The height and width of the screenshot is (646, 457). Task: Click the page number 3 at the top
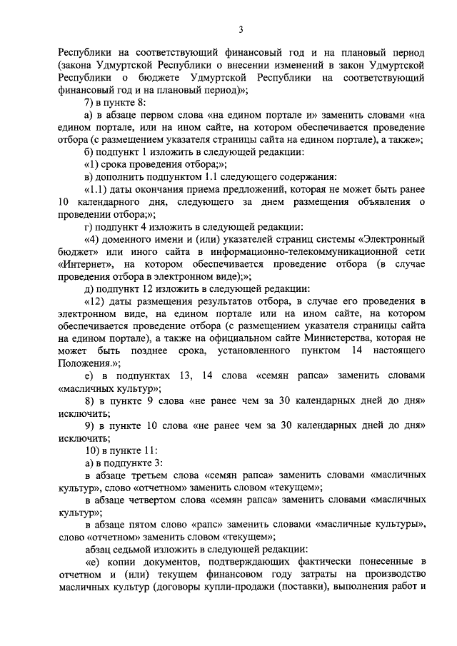coord(241,29)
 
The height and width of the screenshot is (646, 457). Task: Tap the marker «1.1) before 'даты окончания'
coord(98,190)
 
